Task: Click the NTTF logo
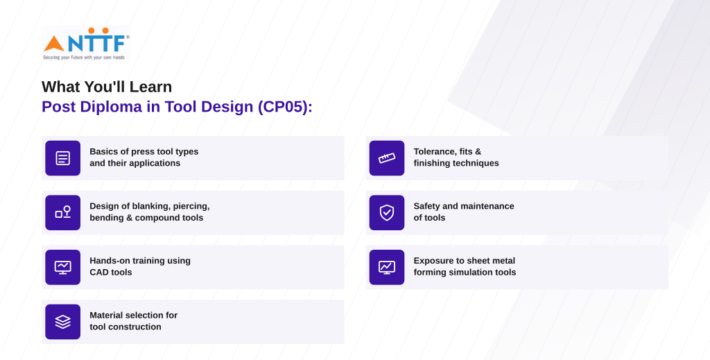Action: coord(85,44)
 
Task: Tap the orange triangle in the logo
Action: coord(54,44)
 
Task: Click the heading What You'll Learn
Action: coord(107,87)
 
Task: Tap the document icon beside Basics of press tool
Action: coord(63,158)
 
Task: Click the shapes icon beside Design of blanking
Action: coord(63,212)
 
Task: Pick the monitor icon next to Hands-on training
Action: coord(63,267)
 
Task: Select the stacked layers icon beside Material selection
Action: coord(63,322)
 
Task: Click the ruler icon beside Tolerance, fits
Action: coord(387,158)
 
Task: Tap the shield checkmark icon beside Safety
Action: coord(387,212)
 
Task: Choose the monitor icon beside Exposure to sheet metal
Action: coord(387,267)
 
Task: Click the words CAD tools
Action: coord(111,272)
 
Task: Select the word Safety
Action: coord(426,207)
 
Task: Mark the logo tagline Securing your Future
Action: coord(84,58)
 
